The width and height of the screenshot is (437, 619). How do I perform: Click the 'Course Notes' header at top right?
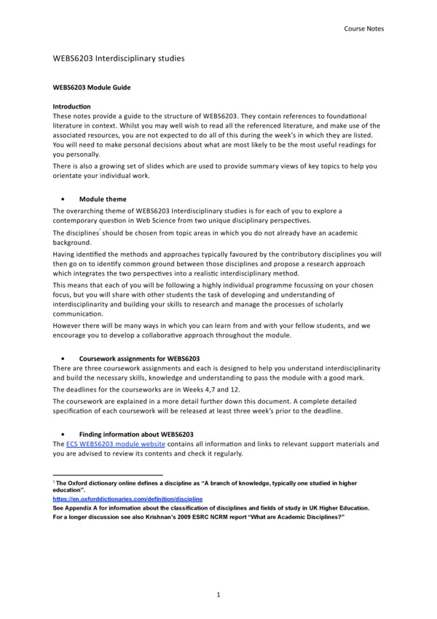coord(363,28)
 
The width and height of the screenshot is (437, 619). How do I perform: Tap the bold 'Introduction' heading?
coord(71,106)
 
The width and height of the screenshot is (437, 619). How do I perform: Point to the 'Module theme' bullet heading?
coord(102,199)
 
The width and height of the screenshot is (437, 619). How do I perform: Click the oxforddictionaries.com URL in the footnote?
coord(127,498)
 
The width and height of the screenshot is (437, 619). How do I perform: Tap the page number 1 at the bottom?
coord(218,595)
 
